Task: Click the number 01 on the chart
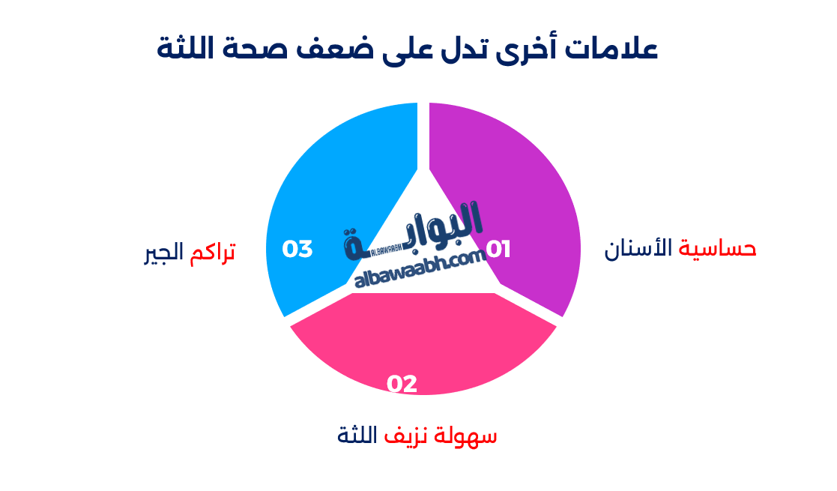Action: pyautogui.click(x=498, y=249)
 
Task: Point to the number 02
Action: pyautogui.click(x=402, y=384)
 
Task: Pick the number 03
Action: pyautogui.click(x=297, y=249)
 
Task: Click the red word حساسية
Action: pyautogui.click(x=717, y=249)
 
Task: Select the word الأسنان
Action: pyautogui.click(x=638, y=249)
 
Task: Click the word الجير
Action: pyautogui.click(x=164, y=252)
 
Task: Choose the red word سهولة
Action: pyautogui.click(x=470, y=436)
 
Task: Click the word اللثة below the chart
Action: pyautogui.click(x=358, y=434)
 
